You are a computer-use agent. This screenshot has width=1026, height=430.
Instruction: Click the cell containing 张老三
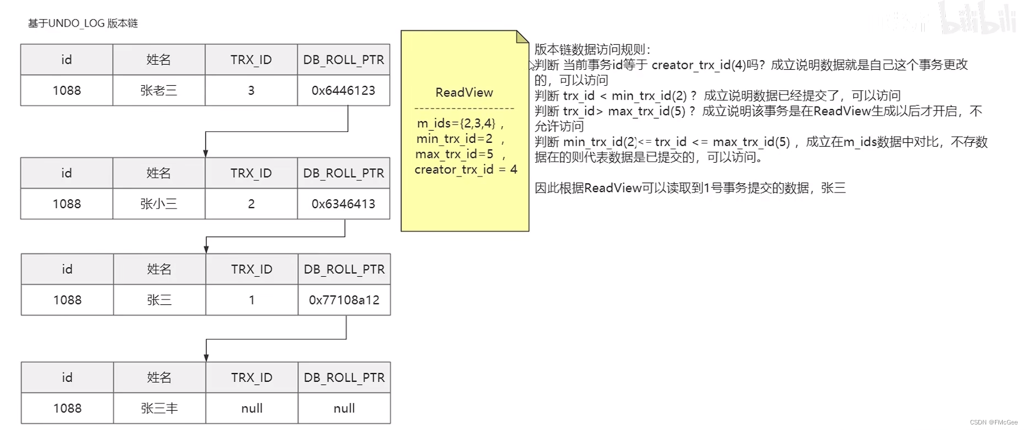point(159,90)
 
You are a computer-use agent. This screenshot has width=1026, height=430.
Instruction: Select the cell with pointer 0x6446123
point(343,90)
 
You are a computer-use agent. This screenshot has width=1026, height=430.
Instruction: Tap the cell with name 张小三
point(159,204)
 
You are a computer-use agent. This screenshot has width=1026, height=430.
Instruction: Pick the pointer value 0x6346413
point(343,204)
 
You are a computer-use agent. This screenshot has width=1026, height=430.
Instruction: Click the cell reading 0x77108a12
point(344,300)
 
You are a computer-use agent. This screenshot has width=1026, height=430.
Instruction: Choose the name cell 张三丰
point(159,408)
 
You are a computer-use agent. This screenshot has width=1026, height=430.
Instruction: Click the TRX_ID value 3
point(251,90)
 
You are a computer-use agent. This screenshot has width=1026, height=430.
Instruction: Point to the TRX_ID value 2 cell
point(251,204)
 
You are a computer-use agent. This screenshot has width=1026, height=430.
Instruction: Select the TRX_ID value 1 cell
point(251,300)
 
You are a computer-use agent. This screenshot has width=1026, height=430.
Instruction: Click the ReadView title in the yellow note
point(464,92)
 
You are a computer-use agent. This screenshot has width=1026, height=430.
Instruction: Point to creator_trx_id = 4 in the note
point(466,169)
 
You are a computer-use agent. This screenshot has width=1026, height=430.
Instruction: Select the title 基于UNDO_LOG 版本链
point(83,23)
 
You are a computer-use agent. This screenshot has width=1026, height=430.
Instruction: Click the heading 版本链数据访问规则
point(592,49)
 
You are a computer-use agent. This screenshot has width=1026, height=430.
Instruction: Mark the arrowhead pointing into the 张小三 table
point(205,153)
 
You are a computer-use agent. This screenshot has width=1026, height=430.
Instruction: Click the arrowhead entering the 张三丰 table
point(206,358)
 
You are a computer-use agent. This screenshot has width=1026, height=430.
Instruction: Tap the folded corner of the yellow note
point(523,37)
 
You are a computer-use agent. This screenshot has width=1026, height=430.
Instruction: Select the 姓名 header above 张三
point(159,269)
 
